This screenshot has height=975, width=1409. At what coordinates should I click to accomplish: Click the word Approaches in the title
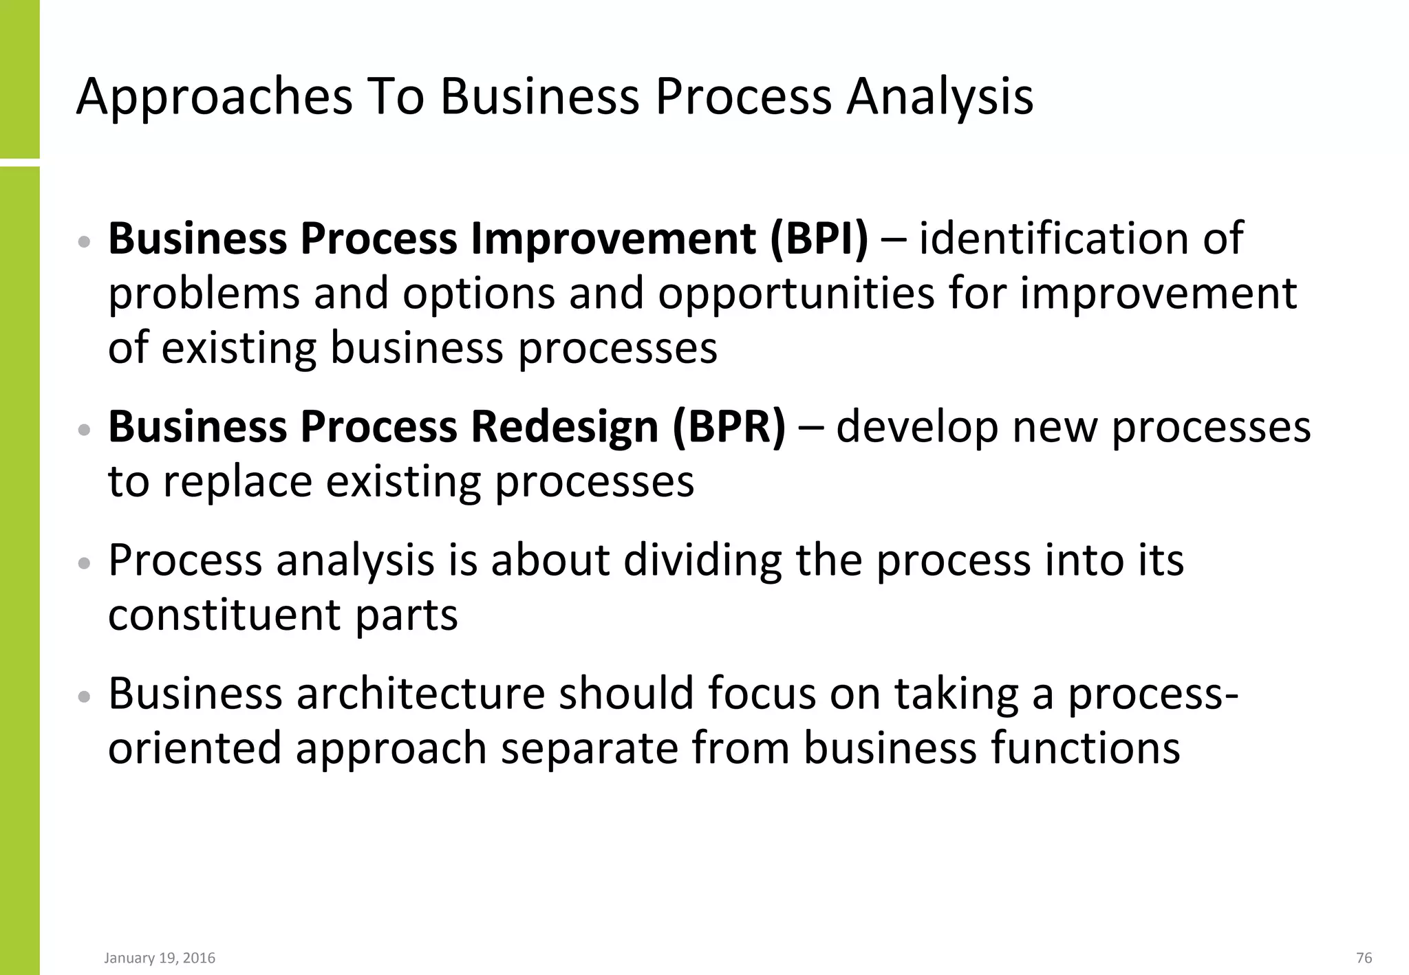point(215,98)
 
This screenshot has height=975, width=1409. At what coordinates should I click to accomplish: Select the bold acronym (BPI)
point(819,239)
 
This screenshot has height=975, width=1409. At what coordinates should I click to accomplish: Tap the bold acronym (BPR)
point(729,427)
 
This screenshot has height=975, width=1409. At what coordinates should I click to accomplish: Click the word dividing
point(702,560)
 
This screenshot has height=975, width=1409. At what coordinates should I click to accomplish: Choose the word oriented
point(195,747)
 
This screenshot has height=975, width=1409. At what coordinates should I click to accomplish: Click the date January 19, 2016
point(160,958)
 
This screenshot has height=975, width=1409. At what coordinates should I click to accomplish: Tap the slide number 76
point(1364,958)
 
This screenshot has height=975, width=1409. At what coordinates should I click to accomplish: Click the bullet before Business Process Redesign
point(85,430)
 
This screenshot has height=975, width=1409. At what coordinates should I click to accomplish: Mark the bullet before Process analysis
point(85,563)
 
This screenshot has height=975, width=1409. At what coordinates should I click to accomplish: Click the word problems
point(204,294)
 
